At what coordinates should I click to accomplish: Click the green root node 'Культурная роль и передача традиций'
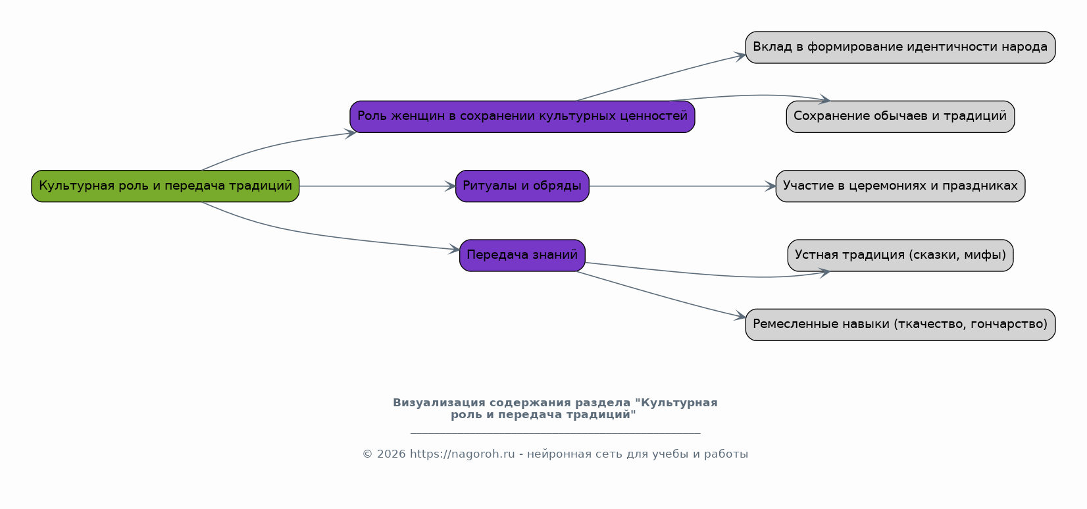tap(165, 186)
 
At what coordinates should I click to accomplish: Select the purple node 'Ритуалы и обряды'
tap(522, 186)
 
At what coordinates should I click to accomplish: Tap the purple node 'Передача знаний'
tap(522, 255)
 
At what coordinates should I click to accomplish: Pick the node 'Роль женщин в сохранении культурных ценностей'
tap(522, 117)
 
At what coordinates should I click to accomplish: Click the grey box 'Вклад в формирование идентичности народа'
tap(900, 47)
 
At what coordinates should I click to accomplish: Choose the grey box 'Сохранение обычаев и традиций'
tap(900, 117)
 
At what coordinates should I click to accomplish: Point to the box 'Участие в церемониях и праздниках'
tap(900, 186)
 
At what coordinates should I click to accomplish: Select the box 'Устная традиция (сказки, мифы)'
tap(900, 255)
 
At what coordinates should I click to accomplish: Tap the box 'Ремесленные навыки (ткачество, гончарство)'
tap(900, 325)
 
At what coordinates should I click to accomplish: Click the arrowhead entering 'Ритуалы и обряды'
tap(450, 186)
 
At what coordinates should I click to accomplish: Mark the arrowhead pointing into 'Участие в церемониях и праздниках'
tap(770, 186)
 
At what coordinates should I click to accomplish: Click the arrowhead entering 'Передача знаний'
tap(454, 249)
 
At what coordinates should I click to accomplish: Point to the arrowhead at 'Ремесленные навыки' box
tap(740, 316)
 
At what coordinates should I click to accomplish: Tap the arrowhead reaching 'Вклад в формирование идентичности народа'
tap(740, 56)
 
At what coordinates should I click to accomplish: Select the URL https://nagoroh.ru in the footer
tap(462, 454)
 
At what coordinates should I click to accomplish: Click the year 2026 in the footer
tap(391, 454)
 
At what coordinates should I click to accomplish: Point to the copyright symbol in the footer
tap(367, 454)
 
